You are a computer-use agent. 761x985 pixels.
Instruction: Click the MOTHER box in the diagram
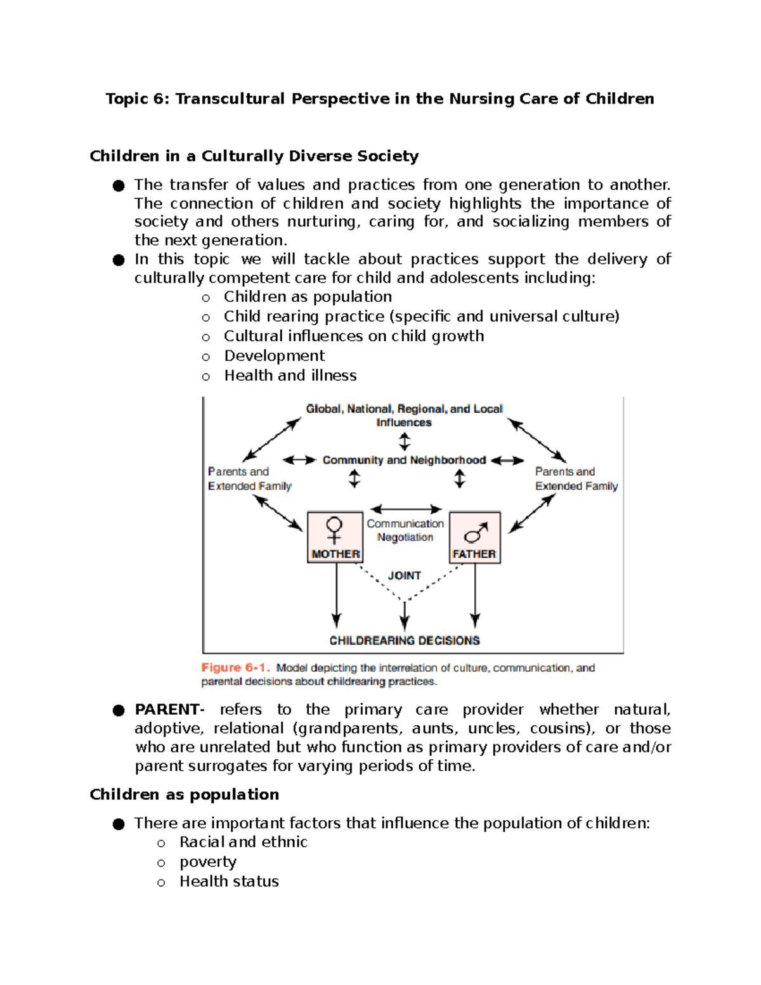tap(335, 538)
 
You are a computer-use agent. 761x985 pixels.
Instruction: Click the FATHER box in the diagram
tap(474, 538)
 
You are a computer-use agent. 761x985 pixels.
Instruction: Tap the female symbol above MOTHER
tap(334, 530)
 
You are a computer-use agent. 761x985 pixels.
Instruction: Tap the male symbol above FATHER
tap(476, 532)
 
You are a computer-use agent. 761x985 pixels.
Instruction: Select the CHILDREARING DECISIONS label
tap(405, 641)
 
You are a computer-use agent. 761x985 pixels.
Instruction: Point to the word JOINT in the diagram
tap(405, 575)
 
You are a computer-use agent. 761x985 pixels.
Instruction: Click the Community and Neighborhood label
tap(404, 460)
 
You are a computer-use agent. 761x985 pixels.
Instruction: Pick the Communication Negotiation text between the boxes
tap(405, 530)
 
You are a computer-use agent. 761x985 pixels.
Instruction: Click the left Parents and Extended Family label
tap(249, 479)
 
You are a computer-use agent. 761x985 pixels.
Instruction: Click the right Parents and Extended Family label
tap(576, 479)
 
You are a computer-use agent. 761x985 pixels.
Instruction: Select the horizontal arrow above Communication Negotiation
tap(406, 509)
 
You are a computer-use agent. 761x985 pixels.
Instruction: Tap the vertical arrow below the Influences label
tap(405, 441)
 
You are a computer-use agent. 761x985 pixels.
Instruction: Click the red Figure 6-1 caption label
tap(235, 667)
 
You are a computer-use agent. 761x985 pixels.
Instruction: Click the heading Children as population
tap(184, 794)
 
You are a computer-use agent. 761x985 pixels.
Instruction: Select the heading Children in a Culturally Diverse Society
tap(254, 156)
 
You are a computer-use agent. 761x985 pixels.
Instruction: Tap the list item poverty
tap(208, 861)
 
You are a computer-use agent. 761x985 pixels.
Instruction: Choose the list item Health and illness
tap(290, 375)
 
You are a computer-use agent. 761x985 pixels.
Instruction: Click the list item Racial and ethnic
tap(244, 842)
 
